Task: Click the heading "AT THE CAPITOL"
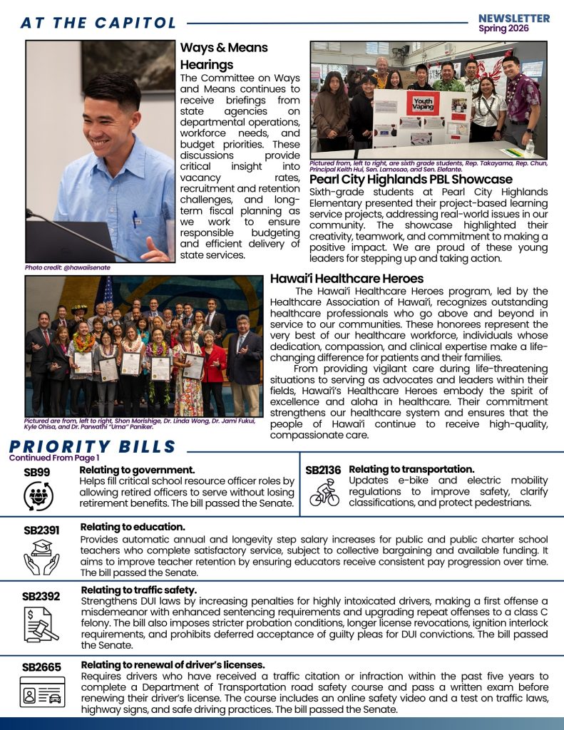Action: pos(98,23)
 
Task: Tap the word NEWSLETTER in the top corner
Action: pos(513,18)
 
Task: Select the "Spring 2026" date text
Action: pos(513,29)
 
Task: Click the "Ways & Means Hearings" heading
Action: pos(224,56)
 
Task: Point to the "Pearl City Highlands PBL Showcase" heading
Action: pos(411,180)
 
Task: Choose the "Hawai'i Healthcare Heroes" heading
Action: pos(347,279)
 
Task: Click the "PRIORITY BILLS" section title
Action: pos(93,447)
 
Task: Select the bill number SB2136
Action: pos(323,471)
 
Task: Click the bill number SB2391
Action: pos(40,530)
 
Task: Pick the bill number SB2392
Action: pos(41,596)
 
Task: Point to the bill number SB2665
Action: pos(41,667)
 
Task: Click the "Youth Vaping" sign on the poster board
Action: pos(422,106)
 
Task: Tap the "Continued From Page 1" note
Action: pos(54,458)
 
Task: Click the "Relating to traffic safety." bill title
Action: pos(138,590)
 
